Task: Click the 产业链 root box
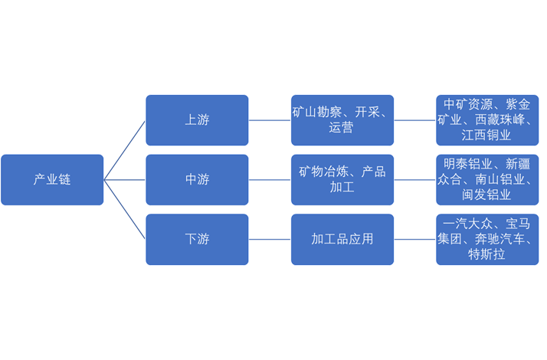(x=52, y=180)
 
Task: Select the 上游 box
(x=197, y=120)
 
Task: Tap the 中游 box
(x=197, y=180)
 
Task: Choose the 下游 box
(x=197, y=239)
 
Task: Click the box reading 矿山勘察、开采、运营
(x=342, y=120)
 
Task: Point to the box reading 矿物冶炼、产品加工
(x=342, y=180)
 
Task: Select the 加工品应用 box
(x=342, y=239)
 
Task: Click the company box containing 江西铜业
(x=487, y=120)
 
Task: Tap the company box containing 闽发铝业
(x=487, y=180)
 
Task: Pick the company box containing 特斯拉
(x=487, y=239)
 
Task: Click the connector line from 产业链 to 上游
(x=125, y=150)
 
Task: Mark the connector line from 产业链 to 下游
(x=125, y=210)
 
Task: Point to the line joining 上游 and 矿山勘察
(x=270, y=120)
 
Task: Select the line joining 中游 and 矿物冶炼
(x=270, y=180)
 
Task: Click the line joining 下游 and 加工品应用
(x=270, y=239)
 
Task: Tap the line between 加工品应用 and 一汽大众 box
(x=415, y=239)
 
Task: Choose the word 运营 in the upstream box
(x=342, y=128)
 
